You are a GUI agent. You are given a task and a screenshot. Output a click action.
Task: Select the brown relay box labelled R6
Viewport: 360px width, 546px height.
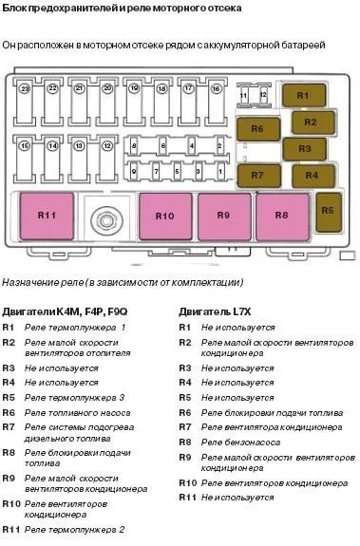click(256, 127)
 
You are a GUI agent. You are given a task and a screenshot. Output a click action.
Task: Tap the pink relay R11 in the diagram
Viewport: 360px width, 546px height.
click(47, 216)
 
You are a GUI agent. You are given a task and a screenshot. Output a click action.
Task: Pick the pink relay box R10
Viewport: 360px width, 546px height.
click(164, 216)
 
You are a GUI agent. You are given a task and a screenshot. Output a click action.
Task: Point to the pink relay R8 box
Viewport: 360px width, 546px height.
click(282, 216)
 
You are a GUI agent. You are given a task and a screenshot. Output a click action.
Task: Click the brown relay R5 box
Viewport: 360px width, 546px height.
click(328, 211)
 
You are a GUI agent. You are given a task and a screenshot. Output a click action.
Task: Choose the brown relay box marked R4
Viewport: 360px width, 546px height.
click(311, 176)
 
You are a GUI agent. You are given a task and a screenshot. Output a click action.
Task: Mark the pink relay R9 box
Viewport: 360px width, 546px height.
click(223, 216)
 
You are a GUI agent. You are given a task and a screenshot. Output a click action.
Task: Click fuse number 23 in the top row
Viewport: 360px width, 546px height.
click(26, 102)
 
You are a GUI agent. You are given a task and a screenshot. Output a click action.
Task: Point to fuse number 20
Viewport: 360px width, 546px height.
click(107, 102)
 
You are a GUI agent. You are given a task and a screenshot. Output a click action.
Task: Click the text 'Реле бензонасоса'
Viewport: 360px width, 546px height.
click(241, 442)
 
